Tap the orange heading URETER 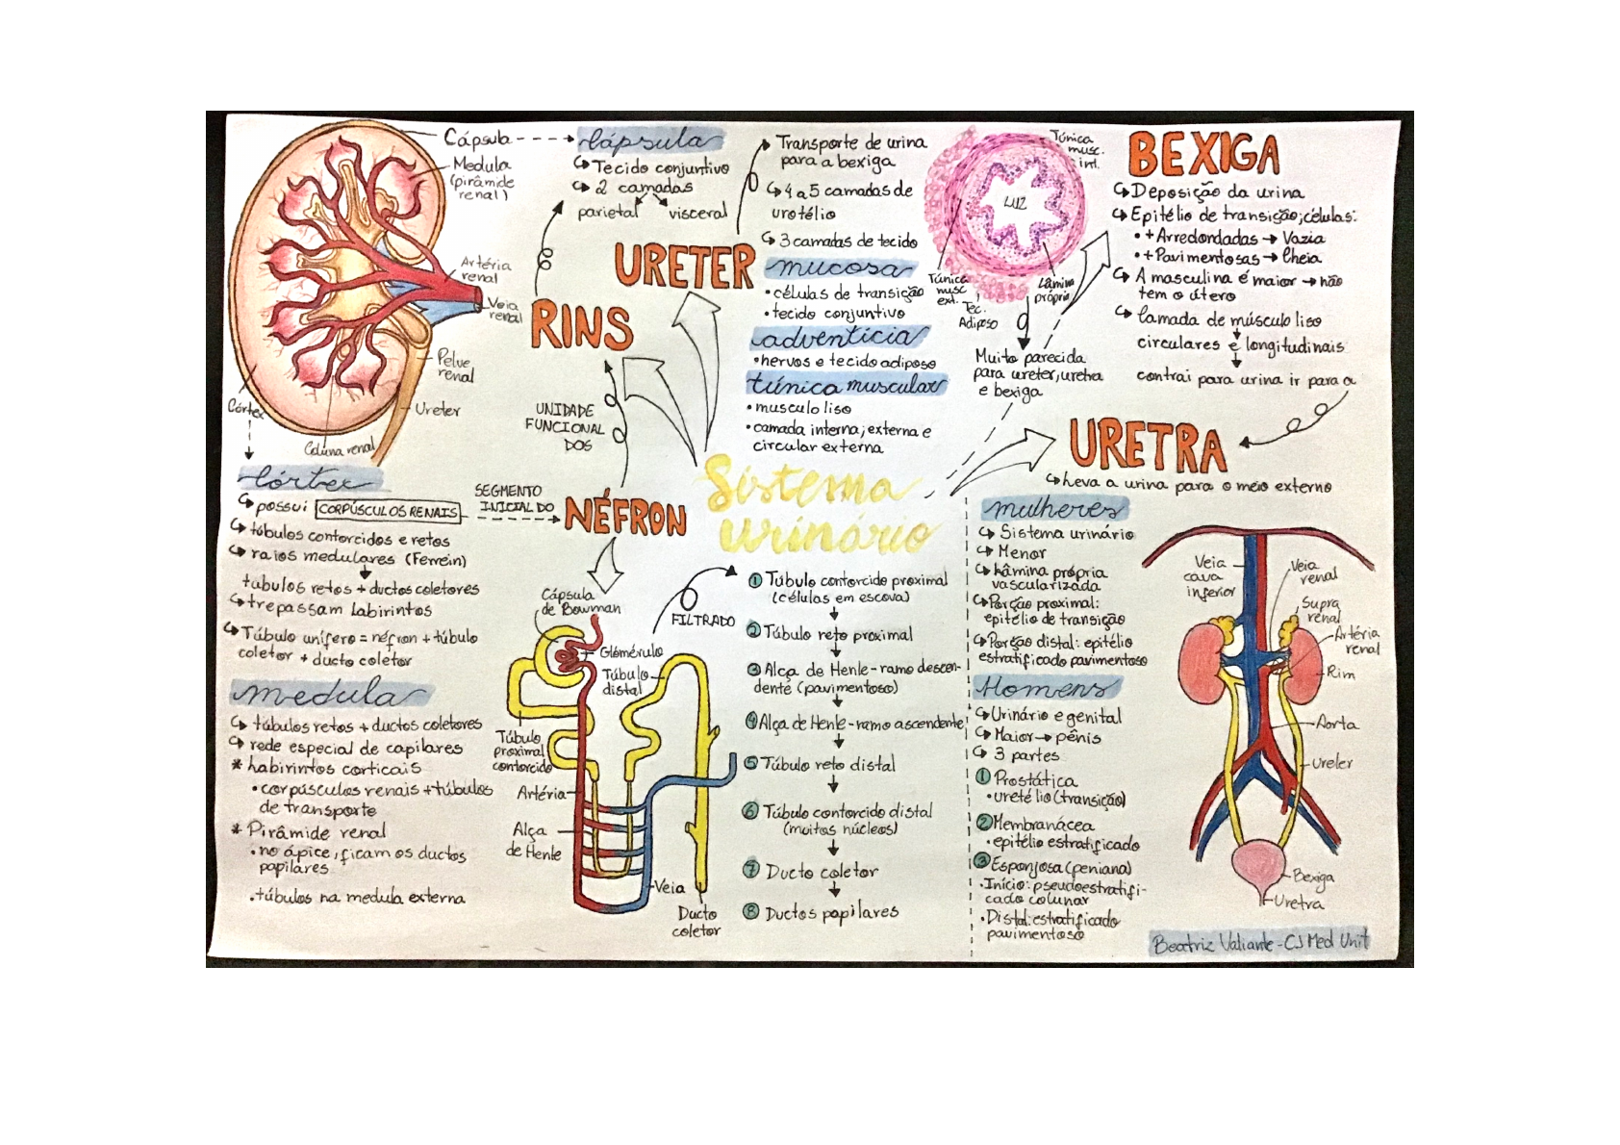[684, 266]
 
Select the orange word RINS [581, 326]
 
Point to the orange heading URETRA [1148, 445]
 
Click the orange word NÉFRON [625, 518]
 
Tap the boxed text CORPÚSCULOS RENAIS [388, 511]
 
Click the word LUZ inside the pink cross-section [1014, 203]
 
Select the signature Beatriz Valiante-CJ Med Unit [1260, 942]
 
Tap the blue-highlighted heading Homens [1046, 687]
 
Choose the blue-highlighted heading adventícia [840, 338]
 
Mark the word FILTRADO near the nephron [702, 621]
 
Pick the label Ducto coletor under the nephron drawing [696, 922]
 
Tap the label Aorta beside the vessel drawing [1337, 724]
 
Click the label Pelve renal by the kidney [455, 367]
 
